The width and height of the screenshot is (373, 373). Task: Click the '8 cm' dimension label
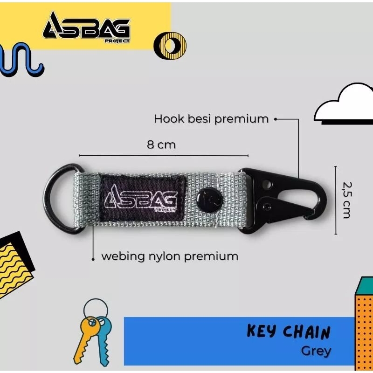(x=161, y=145)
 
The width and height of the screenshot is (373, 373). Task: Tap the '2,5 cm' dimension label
(x=345, y=200)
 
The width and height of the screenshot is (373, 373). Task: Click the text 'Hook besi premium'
(x=211, y=119)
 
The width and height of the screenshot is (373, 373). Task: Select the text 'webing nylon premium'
(x=170, y=256)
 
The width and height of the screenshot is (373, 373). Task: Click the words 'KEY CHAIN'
(x=288, y=332)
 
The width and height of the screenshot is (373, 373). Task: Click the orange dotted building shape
(x=364, y=326)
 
